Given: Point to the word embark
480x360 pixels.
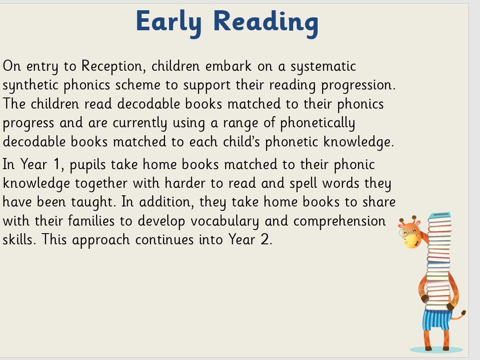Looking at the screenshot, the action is tap(228, 66).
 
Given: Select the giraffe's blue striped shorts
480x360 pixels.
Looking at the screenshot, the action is tap(436, 320).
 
